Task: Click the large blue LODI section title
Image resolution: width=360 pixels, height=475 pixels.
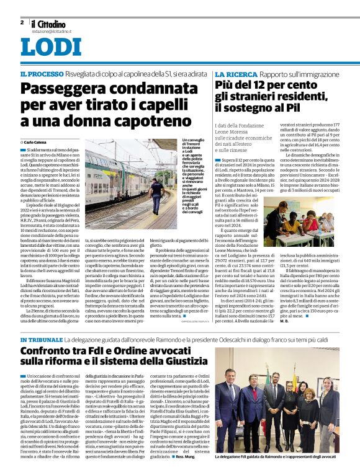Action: click(x=50, y=47)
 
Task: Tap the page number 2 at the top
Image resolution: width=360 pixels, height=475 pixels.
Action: click(x=22, y=22)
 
